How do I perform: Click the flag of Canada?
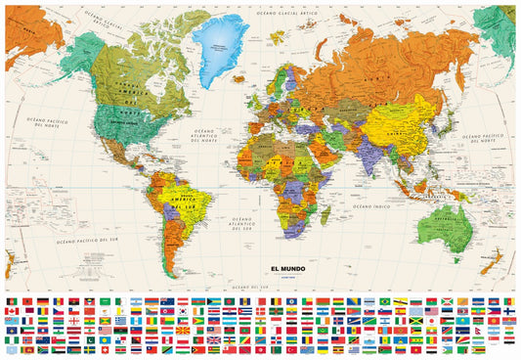tap(11, 311)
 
